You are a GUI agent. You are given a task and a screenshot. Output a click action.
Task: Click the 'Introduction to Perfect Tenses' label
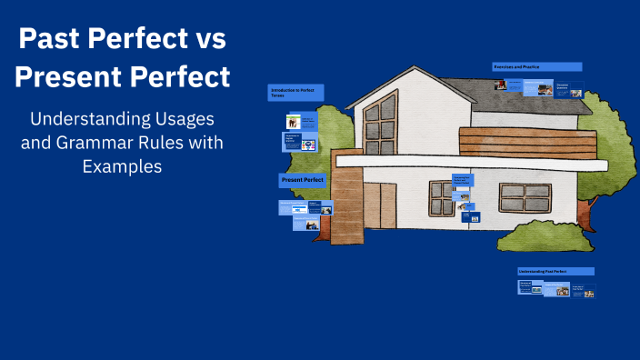295,92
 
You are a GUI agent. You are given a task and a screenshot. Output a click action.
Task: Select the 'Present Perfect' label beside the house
304,180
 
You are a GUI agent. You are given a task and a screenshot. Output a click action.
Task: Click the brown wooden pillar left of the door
347,208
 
